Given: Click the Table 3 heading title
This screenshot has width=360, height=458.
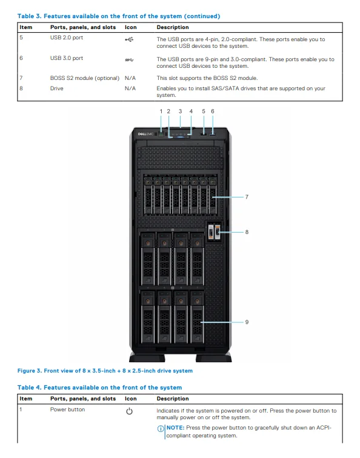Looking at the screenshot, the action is tap(119, 16).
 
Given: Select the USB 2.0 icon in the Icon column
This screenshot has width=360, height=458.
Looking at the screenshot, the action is tap(128, 39).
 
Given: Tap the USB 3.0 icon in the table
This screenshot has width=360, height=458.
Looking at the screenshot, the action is tap(128, 59).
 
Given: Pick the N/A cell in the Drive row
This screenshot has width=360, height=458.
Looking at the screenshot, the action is tap(130, 88).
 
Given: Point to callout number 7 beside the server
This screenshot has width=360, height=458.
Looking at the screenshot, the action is tap(247, 197).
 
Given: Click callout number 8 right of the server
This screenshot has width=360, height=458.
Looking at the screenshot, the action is tap(247, 231).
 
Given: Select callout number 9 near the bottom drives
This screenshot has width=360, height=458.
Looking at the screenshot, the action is tap(247, 322).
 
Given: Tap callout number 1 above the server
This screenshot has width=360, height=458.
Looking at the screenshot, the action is tap(161, 111).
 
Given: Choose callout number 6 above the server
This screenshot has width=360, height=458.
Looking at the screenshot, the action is tap(213, 111).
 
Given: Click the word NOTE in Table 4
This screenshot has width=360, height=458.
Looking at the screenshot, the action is tap(175, 428).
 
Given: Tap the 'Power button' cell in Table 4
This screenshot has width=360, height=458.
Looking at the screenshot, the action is tap(67, 410).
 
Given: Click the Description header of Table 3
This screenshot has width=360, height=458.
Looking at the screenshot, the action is tap(173, 27).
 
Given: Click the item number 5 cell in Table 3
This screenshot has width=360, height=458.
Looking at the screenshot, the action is tap(21, 39).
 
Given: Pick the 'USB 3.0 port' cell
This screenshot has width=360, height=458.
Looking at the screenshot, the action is tap(67, 59).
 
